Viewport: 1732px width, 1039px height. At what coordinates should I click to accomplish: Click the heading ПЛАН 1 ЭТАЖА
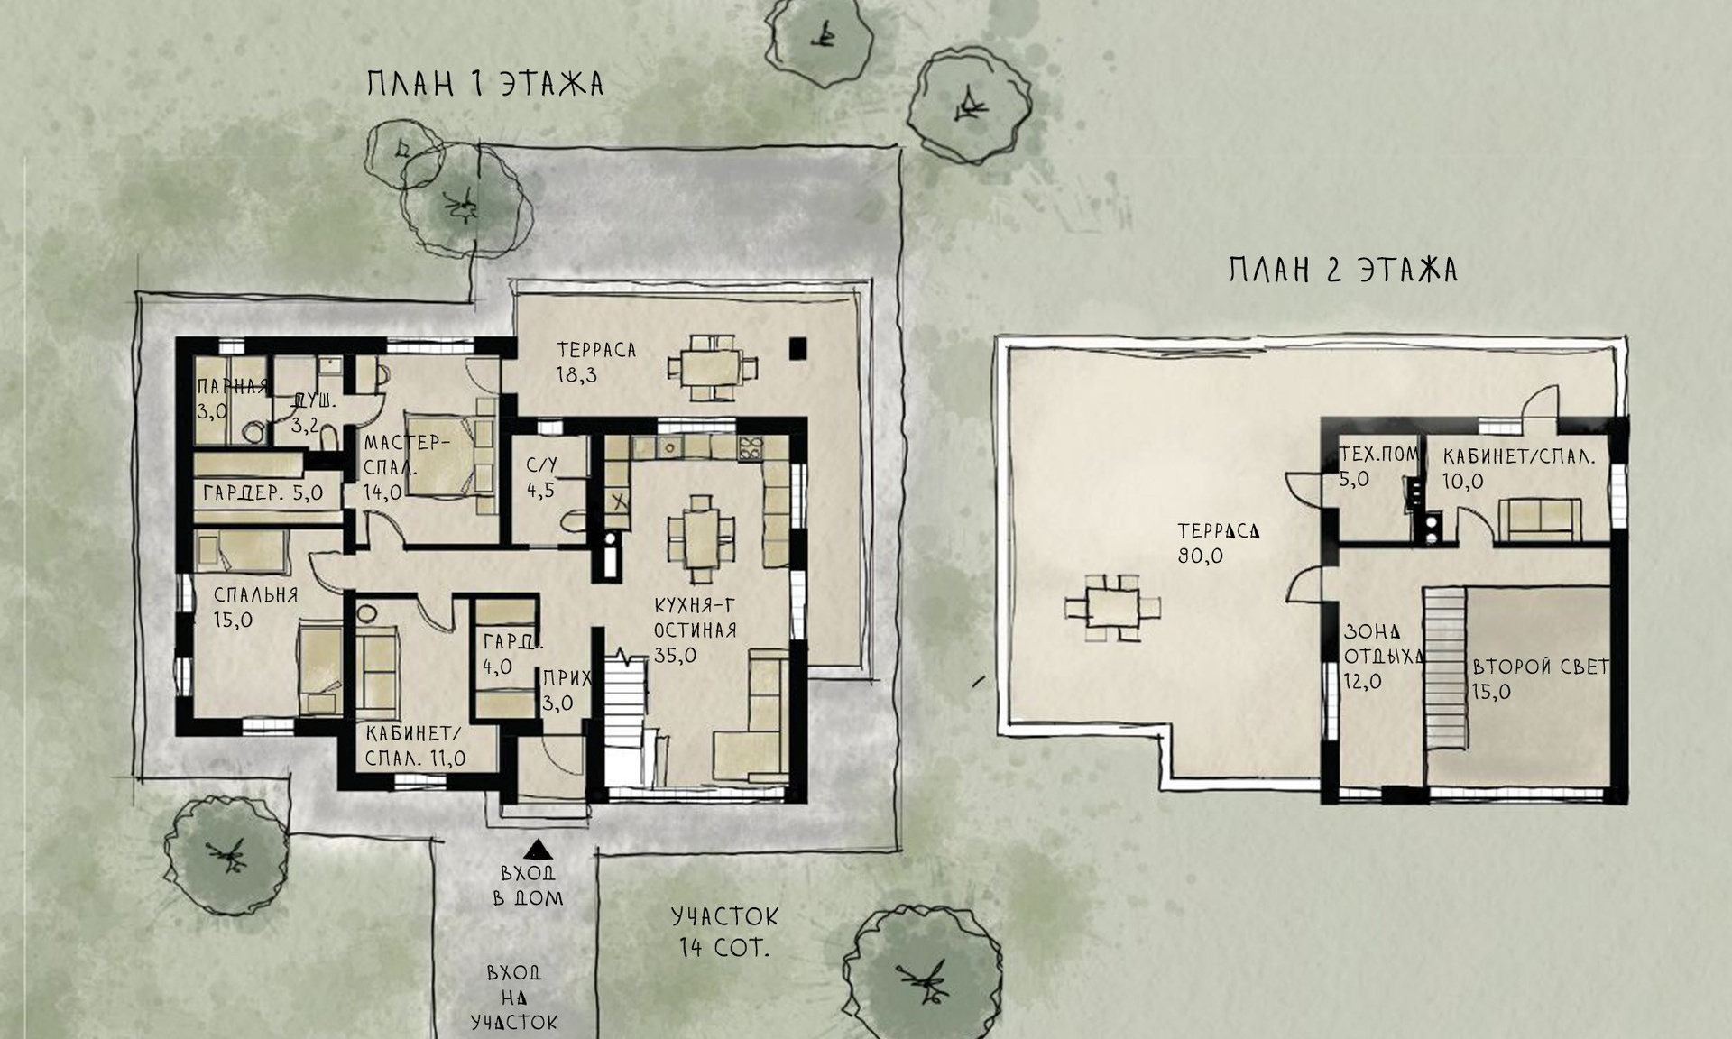click(485, 84)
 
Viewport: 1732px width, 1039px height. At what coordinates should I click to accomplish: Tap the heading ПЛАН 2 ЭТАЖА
click(1343, 270)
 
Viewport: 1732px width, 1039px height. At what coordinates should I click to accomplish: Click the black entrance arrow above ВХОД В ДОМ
click(538, 849)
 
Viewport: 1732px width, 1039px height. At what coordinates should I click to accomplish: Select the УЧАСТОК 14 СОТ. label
click(724, 932)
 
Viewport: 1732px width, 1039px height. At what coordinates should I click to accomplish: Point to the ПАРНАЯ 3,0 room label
click(232, 399)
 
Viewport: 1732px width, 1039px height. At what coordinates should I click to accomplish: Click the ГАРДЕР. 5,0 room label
click(263, 493)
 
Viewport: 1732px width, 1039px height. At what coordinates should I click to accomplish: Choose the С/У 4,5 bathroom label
click(542, 477)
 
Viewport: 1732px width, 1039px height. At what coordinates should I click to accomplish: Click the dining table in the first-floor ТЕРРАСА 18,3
click(712, 368)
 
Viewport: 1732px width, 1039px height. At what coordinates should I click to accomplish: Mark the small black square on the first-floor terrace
click(797, 348)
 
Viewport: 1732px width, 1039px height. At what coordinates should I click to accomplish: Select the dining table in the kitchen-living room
click(701, 538)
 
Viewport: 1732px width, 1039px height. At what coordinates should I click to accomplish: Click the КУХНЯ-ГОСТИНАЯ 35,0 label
click(696, 630)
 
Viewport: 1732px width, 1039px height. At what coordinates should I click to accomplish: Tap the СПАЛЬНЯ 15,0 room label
click(255, 607)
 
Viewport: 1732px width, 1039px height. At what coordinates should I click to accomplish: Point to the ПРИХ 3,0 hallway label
click(567, 690)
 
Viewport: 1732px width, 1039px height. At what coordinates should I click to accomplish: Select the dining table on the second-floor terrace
click(1113, 607)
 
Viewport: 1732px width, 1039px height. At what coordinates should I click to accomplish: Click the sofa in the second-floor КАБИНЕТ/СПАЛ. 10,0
click(1540, 519)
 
